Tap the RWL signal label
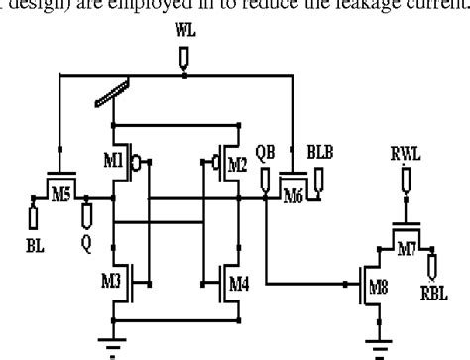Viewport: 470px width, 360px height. pyautogui.click(x=405, y=154)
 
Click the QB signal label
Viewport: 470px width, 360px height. pyautogui.click(x=265, y=156)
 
